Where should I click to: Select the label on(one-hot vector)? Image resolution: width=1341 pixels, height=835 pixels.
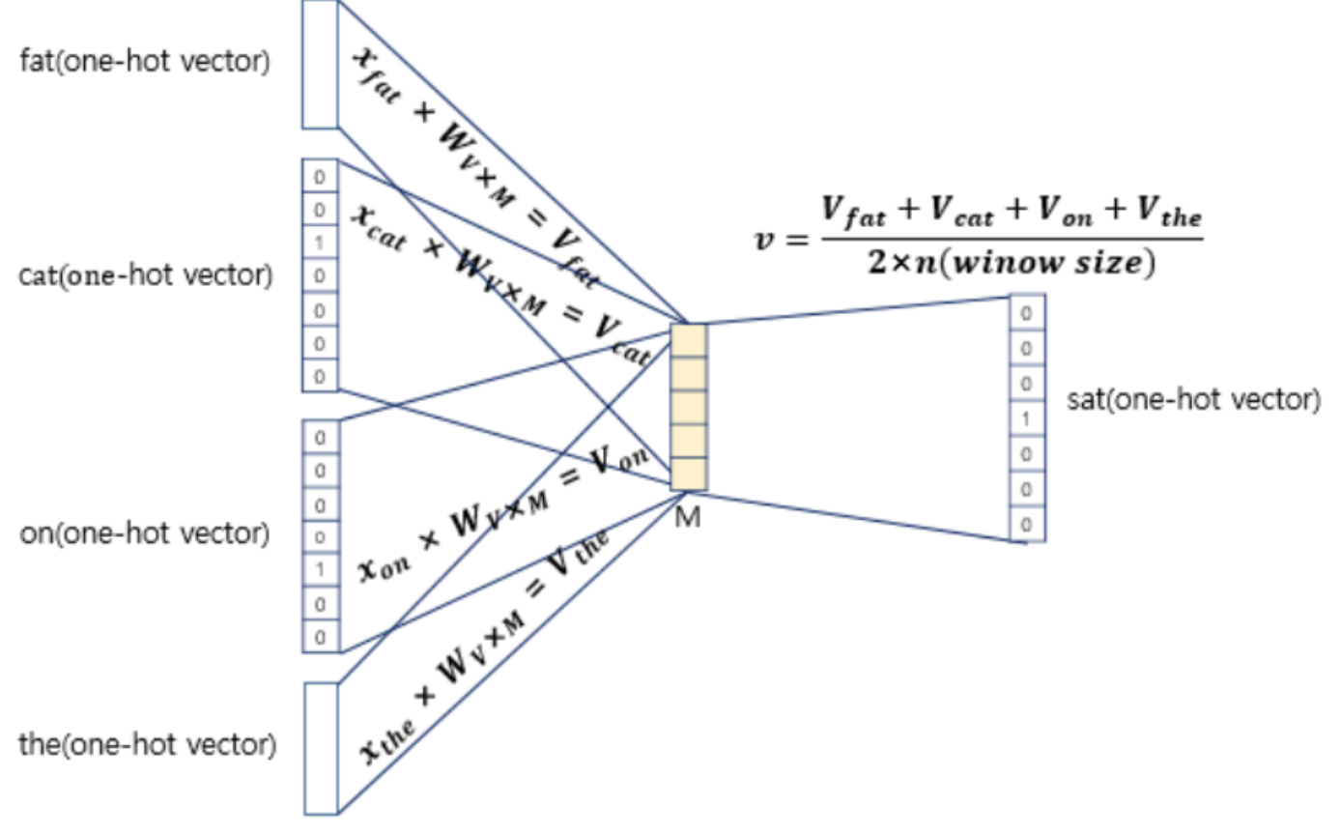145,533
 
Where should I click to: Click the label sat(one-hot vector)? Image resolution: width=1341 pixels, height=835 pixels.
1194,399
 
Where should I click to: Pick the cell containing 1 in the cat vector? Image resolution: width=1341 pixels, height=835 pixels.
321,242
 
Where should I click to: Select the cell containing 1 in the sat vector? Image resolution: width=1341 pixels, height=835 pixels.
1027,418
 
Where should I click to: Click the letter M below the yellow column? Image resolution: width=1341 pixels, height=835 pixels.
688,518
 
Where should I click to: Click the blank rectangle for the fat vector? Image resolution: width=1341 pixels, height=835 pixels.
321,64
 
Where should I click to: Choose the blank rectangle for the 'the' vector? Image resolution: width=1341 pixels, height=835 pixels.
321,748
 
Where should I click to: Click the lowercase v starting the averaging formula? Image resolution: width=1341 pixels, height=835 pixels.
765,240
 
